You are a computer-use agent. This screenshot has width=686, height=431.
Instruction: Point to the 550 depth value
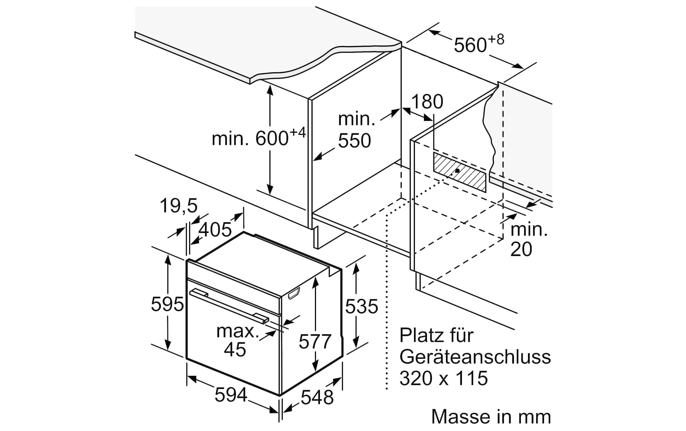click(354, 141)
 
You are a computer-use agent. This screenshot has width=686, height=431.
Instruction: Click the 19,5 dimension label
click(179, 206)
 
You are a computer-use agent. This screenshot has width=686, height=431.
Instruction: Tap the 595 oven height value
click(167, 304)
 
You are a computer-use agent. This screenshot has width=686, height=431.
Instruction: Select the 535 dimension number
click(362, 306)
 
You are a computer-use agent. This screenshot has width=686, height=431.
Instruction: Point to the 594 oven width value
click(231, 395)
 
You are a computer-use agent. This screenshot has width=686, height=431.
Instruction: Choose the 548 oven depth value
click(317, 397)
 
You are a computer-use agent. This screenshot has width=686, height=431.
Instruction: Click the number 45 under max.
click(235, 349)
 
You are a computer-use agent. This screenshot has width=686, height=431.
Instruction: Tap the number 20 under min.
click(521, 250)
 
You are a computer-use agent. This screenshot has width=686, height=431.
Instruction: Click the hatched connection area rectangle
click(460, 172)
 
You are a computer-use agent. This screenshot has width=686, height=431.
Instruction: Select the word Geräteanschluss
click(475, 357)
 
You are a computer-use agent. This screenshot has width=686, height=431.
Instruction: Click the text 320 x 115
click(444, 378)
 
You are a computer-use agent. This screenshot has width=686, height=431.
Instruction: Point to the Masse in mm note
click(491, 417)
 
